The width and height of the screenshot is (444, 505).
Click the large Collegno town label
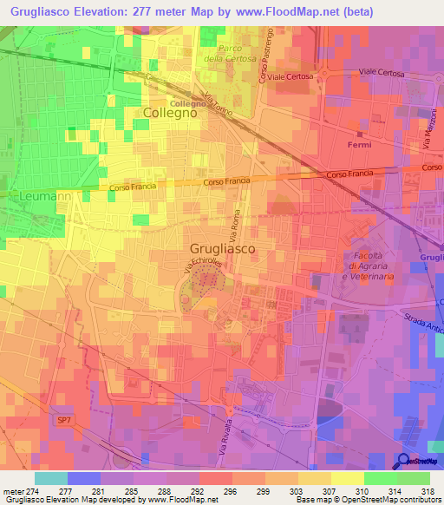(x=170, y=114)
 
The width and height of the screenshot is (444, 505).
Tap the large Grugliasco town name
(x=222, y=248)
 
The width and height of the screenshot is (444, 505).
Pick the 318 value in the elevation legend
(x=428, y=491)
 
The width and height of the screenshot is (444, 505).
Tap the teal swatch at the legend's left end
(x=50, y=478)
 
